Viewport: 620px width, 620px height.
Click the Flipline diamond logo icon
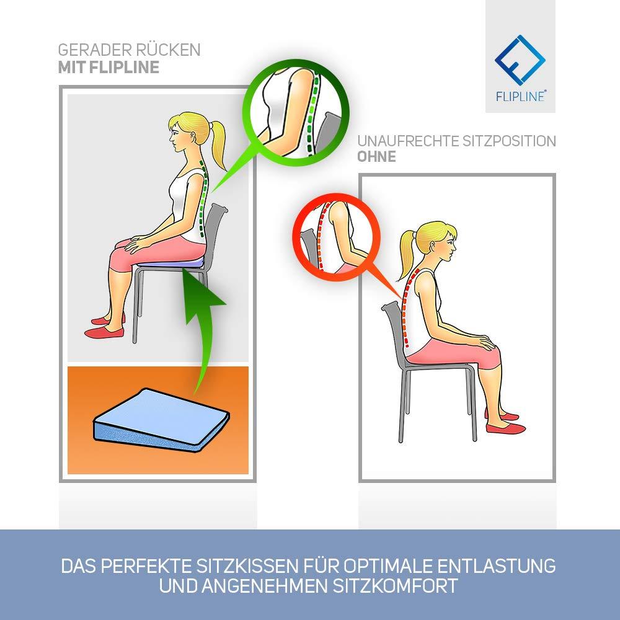(520, 60)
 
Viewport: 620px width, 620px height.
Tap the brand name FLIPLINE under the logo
(520, 96)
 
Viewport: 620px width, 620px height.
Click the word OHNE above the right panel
(376, 157)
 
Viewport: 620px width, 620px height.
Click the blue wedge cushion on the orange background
(161, 420)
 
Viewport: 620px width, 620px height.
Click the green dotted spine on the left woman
(203, 198)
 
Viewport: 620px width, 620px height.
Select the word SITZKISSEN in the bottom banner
(247, 566)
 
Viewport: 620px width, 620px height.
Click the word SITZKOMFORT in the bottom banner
(395, 586)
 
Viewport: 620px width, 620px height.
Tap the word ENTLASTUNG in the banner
(496, 566)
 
